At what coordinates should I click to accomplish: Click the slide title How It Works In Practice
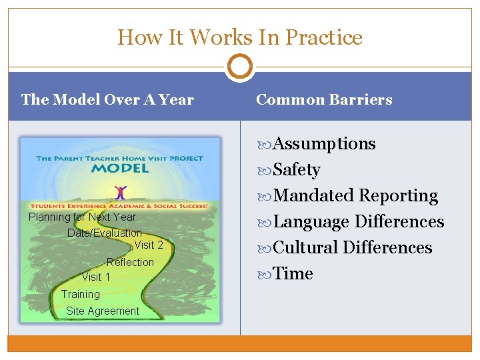coord(240,37)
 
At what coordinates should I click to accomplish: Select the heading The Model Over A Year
coord(107,100)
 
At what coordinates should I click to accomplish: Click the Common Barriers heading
coord(324,100)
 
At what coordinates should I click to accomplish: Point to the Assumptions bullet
coord(324,144)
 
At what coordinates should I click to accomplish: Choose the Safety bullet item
coord(297,170)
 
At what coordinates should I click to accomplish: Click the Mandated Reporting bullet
coord(355,196)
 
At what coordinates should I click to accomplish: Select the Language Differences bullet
coord(359,222)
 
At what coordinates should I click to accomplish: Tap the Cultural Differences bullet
coord(353,248)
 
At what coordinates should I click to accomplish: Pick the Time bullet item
coord(293,274)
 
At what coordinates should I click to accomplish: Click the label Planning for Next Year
coord(82,217)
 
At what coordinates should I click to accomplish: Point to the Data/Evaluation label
coord(105,233)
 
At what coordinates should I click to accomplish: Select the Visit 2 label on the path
coord(149,245)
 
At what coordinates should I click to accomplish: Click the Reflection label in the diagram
coord(130,263)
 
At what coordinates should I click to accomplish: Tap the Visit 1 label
coord(96,277)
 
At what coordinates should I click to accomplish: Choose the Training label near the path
coord(81,295)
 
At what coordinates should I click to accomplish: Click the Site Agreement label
coord(103,311)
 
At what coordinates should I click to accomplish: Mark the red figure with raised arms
coord(120,193)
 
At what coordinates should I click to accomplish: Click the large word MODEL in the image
coord(120,168)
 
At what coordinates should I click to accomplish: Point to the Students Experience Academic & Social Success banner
coord(120,206)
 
